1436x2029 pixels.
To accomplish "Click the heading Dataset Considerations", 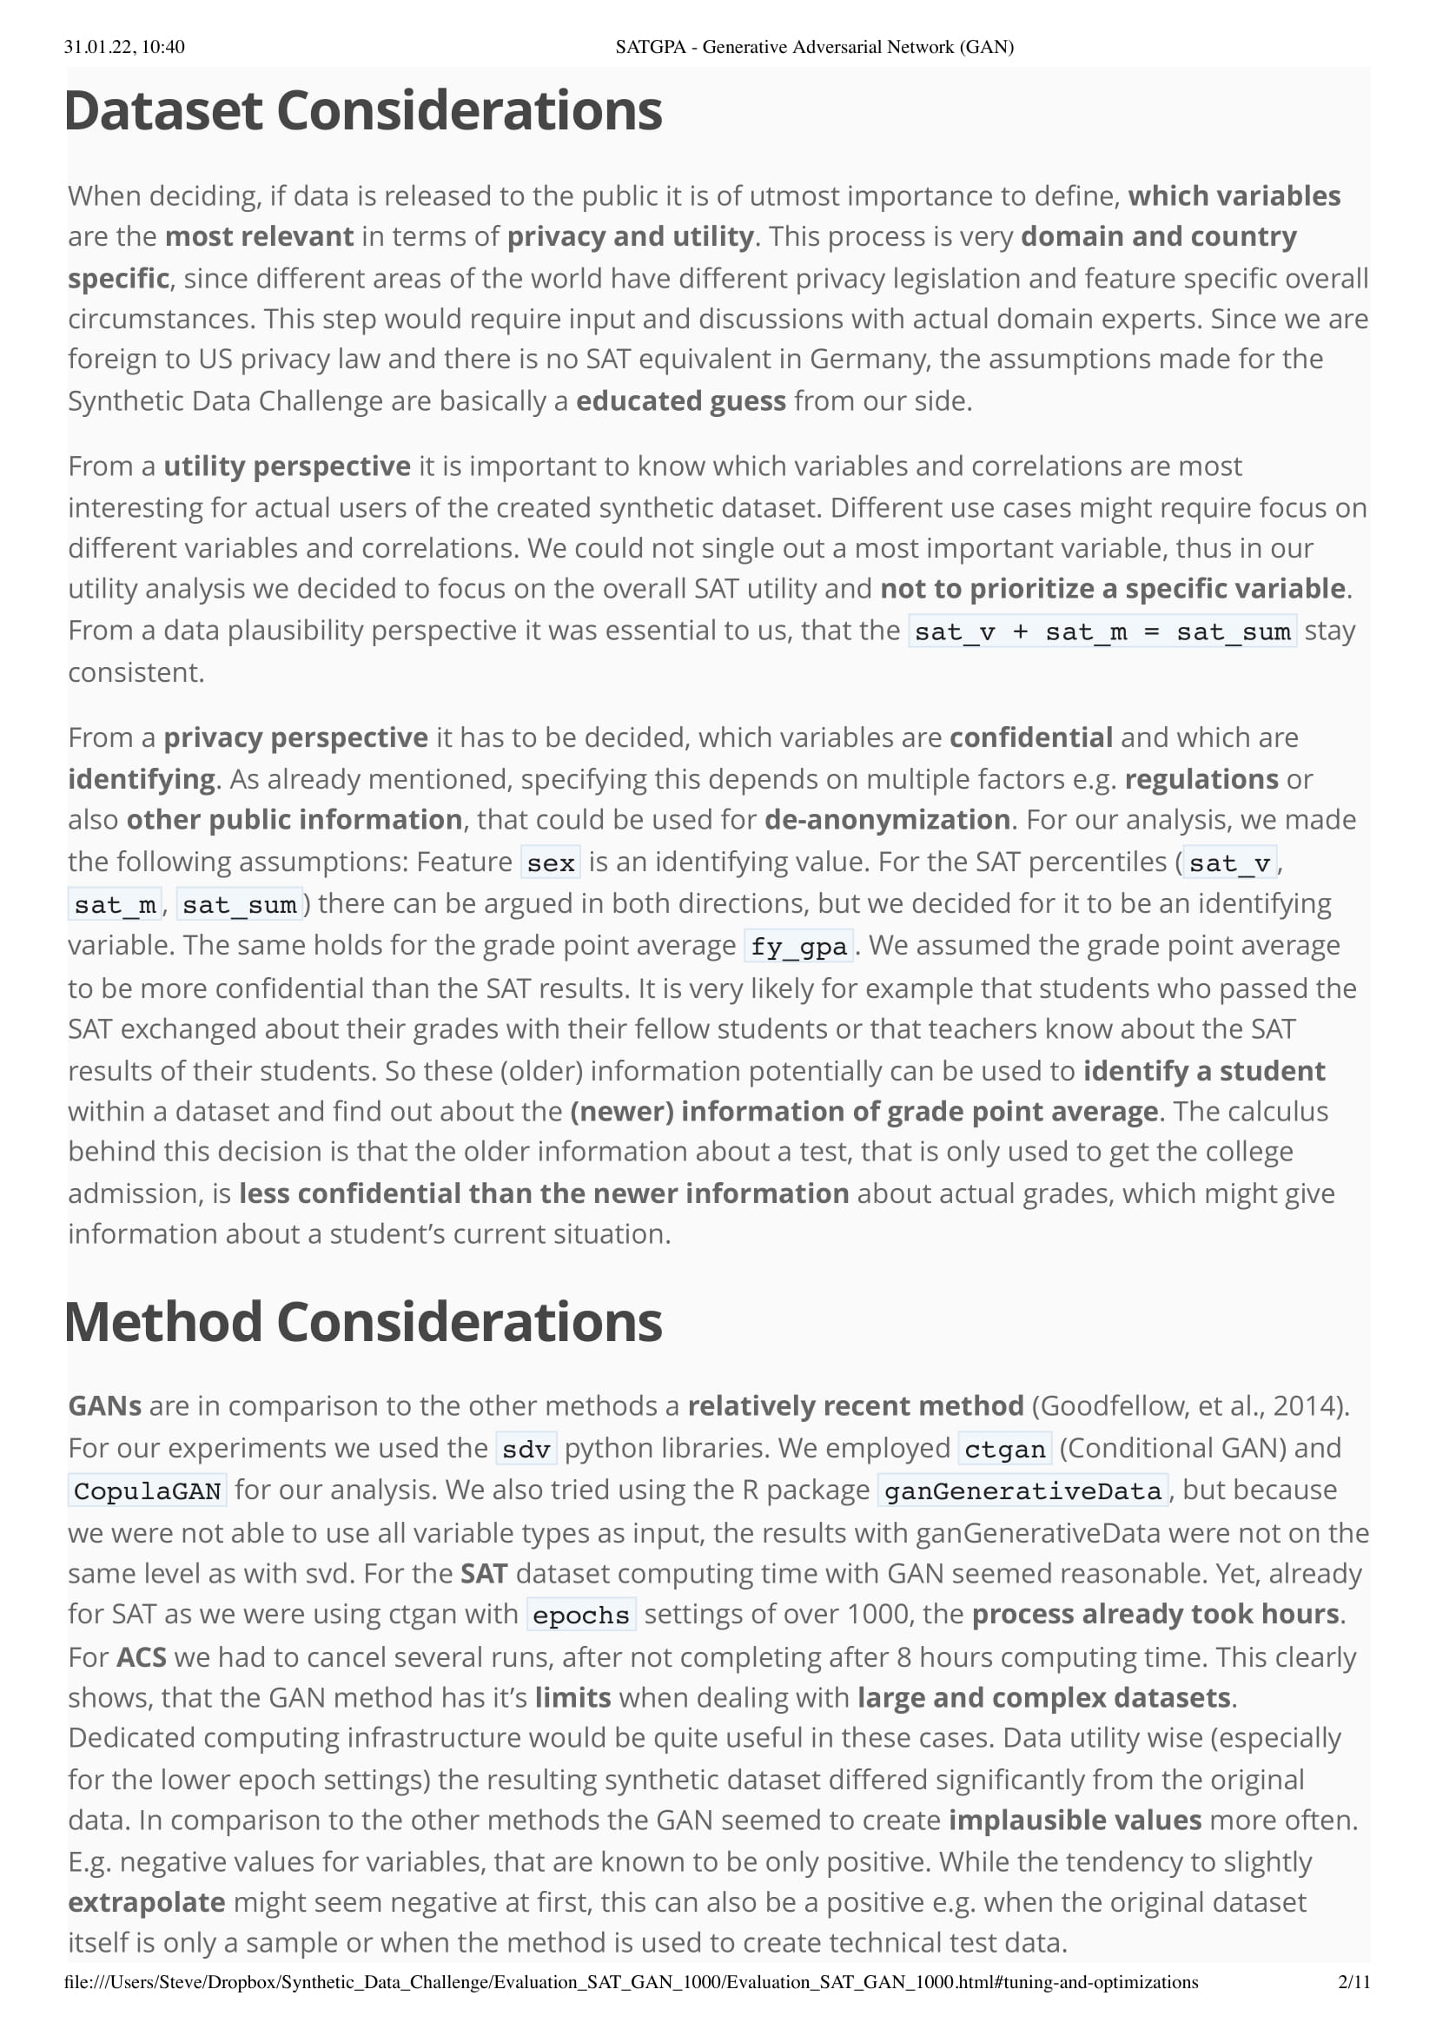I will (x=363, y=111).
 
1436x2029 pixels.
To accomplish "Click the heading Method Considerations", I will (x=363, y=1323).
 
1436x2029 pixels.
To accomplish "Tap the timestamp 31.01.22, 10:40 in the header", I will (x=125, y=47).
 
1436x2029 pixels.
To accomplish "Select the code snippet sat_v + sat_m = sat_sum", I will (x=1102, y=632).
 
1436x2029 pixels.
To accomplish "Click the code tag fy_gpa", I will (x=798, y=947).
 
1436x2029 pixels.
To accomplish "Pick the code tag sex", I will (x=551, y=862).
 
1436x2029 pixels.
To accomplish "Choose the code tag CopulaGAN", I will (x=148, y=1491).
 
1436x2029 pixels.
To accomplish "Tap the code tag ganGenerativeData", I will (x=1022, y=1491).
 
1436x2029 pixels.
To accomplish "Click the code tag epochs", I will (x=581, y=1616).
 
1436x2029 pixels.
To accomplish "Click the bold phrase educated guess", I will (x=681, y=401).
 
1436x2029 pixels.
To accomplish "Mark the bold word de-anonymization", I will (x=887, y=821).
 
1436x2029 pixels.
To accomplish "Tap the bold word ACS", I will (x=142, y=1656).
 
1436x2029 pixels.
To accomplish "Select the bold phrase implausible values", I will (x=1075, y=1821).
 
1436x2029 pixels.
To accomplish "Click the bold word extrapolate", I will (x=147, y=1902).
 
